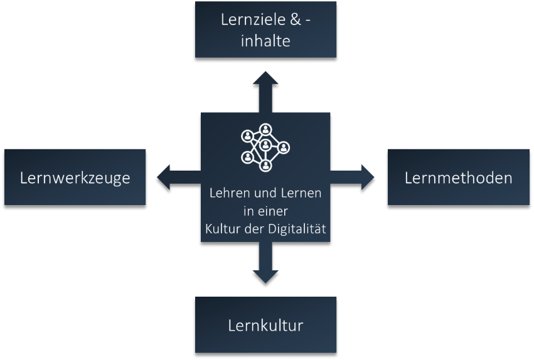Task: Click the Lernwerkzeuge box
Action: point(75,177)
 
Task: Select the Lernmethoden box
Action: point(458,177)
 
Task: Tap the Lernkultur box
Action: point(265,326)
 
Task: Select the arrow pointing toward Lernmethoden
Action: point(354,177)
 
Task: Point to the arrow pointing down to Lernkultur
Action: point(265,264)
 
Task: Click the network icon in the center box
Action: point(265,147)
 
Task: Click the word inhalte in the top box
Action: point(265,41)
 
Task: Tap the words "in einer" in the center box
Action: point(265,211)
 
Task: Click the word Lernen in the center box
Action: point(301,193)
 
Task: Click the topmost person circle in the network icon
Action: point(266,129)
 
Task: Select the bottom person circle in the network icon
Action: point(265,166)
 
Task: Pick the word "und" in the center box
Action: point(262,193)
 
